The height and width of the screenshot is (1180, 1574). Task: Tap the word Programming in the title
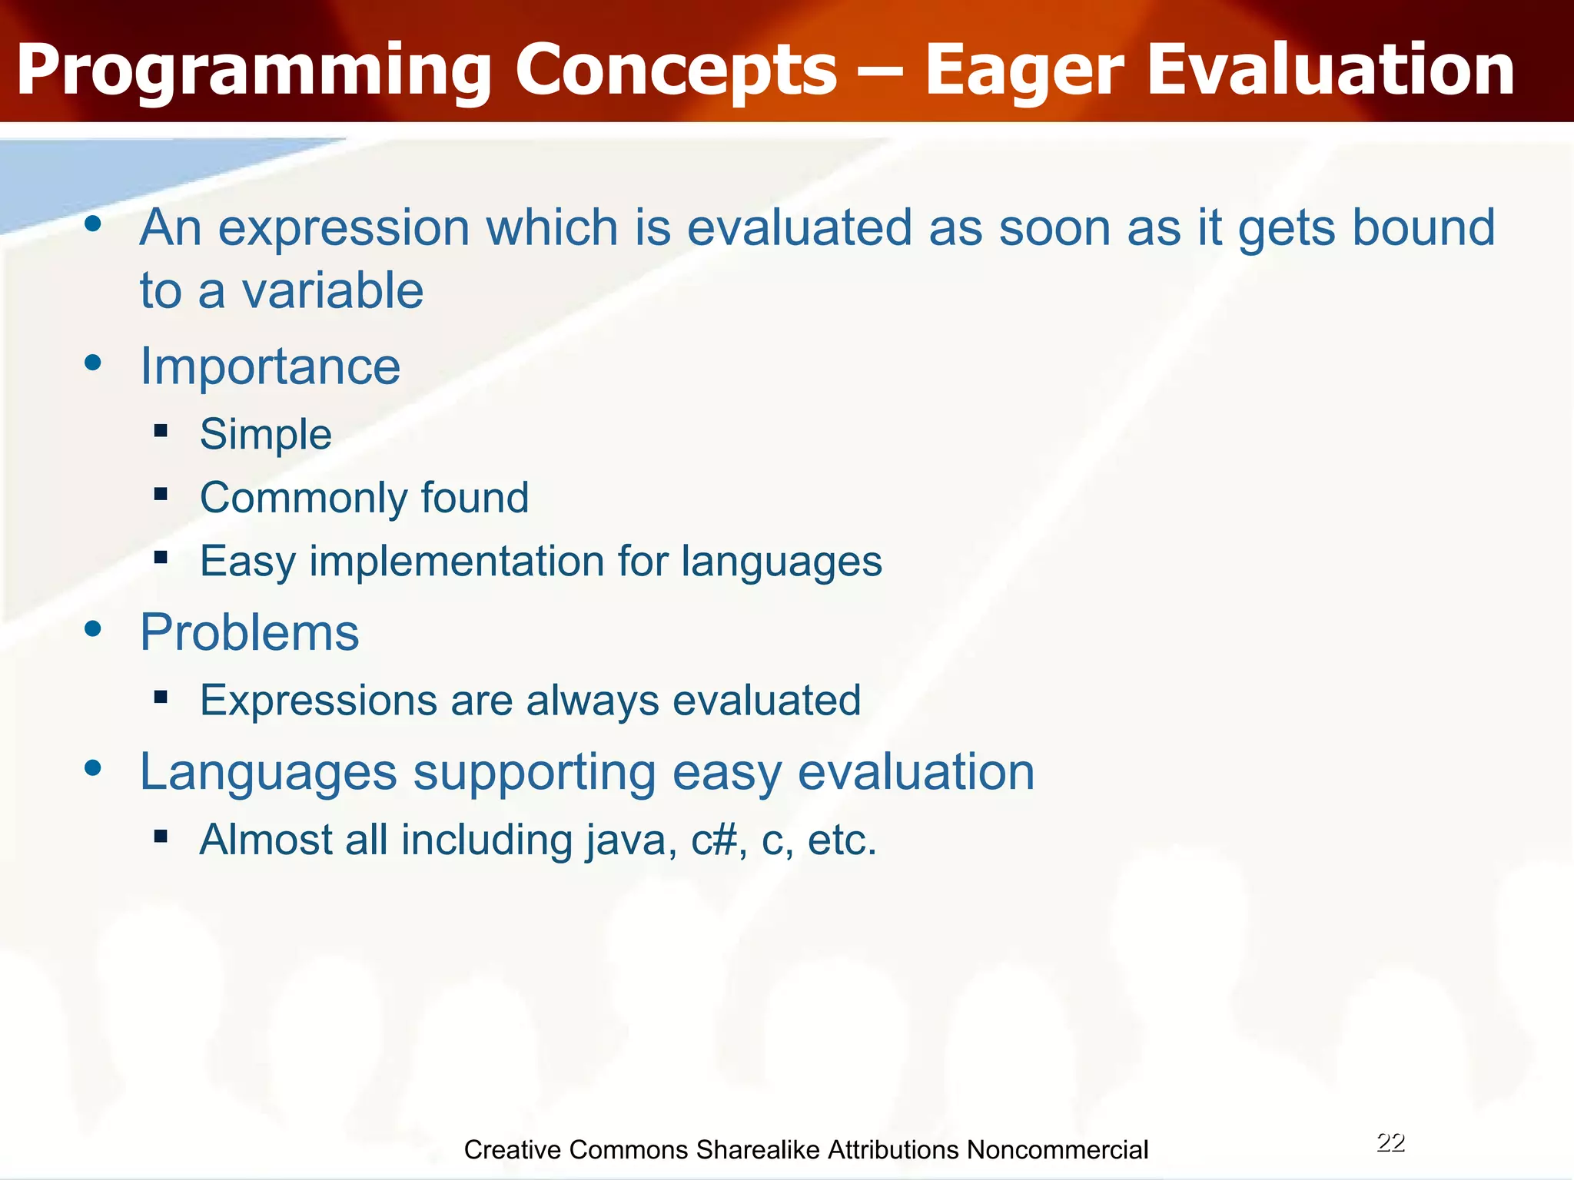(x=254, y=71)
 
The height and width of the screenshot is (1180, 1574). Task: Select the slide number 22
(x=1390, y=1142)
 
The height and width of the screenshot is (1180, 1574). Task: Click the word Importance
(x=270, y=366)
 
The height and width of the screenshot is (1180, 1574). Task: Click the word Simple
(x=265, y=435)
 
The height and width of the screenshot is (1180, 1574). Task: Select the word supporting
(x=534, y=772)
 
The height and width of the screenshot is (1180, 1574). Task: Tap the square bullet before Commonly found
(x=161, y=494)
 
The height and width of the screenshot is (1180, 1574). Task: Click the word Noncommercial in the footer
(x=1057, y=1150)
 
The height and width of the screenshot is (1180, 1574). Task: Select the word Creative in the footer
(x=513, y=1150)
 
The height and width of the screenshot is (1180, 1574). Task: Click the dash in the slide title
(x=880, y=71)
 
